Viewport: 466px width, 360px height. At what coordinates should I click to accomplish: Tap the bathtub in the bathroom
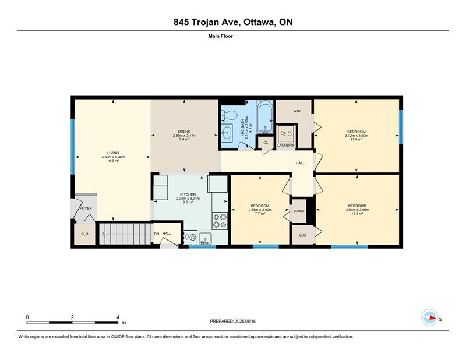265,117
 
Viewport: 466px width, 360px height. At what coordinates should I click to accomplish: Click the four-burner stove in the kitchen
220,221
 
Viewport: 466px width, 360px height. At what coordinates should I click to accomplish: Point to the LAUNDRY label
285,146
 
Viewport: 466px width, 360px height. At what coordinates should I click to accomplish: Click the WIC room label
297,111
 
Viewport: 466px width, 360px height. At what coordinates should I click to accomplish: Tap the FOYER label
86,208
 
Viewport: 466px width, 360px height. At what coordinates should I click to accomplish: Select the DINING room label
184,132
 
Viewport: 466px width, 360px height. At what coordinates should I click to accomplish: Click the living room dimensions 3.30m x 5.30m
113,157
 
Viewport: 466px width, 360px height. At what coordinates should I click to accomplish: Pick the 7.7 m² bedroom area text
260,213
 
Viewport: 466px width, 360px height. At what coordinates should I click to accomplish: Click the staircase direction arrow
125,234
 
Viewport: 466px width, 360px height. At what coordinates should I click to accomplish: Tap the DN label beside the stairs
157,234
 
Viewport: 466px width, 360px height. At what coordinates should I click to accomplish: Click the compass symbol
430,317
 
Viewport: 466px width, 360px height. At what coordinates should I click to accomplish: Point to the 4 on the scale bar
118,317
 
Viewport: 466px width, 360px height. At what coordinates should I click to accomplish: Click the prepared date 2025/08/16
245,322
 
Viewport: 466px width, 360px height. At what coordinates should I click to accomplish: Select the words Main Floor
221,36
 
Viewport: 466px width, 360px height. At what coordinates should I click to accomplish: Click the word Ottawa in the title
259,22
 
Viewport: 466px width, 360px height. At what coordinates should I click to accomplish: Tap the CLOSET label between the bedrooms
299,211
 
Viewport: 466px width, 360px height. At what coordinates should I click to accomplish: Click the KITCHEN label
188,195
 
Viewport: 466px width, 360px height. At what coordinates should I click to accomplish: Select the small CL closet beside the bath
266,142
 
